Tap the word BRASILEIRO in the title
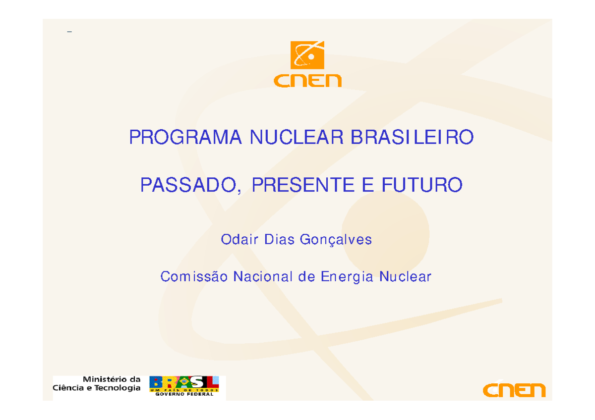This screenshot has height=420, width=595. pyautogui.click(x=412, y=137)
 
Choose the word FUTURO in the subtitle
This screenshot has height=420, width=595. pyautogui.click(x=421, y=186)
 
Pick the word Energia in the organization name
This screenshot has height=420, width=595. pyautogui.click(x=347, y=277)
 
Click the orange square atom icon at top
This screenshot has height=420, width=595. pyautogui.click(x=307, y=55)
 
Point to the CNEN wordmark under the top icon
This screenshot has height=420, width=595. pyautogui.click(x=307, y=80)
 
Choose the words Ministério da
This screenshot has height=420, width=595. pyautogui.click(x=115, y=379)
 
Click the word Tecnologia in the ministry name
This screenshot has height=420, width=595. pyautogui.click(x=118, y=388)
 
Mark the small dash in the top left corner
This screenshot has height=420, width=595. pyautogui.click(x=69, y=33)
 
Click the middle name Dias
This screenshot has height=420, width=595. pyautogui.click(x=279, y=240)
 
